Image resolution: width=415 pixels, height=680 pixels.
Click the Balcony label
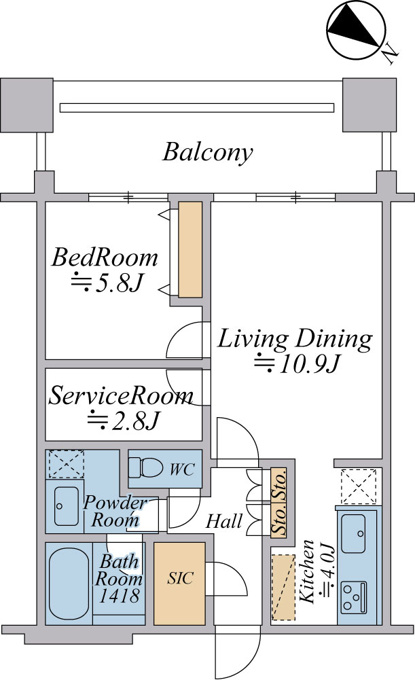pos(208,153)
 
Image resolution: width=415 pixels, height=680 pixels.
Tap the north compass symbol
pos(356,31)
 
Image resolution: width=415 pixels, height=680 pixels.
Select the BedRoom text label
pos(105,257)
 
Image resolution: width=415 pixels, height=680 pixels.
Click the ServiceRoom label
pos(121,396)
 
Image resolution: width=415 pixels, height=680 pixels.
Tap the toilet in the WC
pos(146,469)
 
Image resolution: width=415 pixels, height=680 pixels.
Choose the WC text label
pos(182,469)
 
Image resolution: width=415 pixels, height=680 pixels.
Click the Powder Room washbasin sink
pos(66,506)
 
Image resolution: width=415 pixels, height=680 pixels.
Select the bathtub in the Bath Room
pos(69,584)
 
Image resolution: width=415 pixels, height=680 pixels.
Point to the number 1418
pos(120,596)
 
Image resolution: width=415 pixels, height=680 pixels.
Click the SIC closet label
pos(180,578)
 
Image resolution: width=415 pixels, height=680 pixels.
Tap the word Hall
pos(224,521)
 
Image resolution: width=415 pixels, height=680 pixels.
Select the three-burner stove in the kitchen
pos(353,597)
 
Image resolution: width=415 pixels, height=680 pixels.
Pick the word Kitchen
pos(307,571)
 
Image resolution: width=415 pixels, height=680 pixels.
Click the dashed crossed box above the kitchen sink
pos(358,486)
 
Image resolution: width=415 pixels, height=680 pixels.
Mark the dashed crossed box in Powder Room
pos(66,464)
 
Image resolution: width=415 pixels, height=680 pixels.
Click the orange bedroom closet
pos(190,249)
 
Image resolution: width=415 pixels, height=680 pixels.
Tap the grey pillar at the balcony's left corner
pos(27,105)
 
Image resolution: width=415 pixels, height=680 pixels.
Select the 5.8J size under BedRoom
pos(107,284)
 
